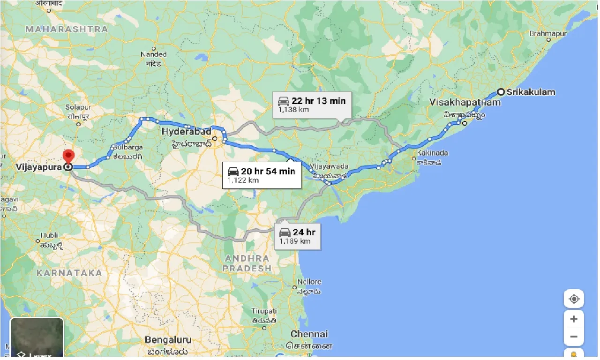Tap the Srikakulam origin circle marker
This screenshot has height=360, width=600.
[501, 92]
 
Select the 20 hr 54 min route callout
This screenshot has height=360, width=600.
[262, 175]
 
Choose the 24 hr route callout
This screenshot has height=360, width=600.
[298, 236]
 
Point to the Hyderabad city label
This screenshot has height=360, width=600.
[187, 132]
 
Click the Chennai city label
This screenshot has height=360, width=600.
[309, 334]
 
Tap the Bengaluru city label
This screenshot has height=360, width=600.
[168, 339]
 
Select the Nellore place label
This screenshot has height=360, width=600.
[310, 282]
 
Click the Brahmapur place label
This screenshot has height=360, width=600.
[548, 34]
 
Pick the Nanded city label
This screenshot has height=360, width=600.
[153, 55]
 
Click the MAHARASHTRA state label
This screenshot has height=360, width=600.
[67, 29]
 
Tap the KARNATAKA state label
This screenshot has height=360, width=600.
[69, 273]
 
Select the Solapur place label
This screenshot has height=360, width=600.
[77, 107]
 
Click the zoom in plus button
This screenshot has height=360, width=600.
[574, 319]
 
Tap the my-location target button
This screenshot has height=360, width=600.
[574, 299]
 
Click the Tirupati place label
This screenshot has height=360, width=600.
[264, 312]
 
